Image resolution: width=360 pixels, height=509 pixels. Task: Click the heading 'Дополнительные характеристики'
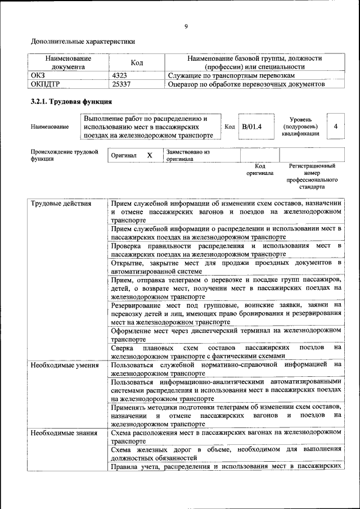[x=83, y=41]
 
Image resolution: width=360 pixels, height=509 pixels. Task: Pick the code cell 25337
[x=123, y=84]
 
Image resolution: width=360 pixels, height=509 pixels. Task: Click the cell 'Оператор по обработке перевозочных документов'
[x=246, y=84]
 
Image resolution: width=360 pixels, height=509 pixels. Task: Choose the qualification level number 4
[x=335, y=127]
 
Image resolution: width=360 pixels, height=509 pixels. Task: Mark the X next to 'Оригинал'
[x=150, y=155]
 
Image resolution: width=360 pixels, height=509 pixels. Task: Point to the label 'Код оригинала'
[x=259, y=170]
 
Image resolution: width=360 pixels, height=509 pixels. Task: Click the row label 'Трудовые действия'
[x=61, y=204]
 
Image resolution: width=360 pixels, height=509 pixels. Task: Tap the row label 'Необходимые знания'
[x=64, y=433]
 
